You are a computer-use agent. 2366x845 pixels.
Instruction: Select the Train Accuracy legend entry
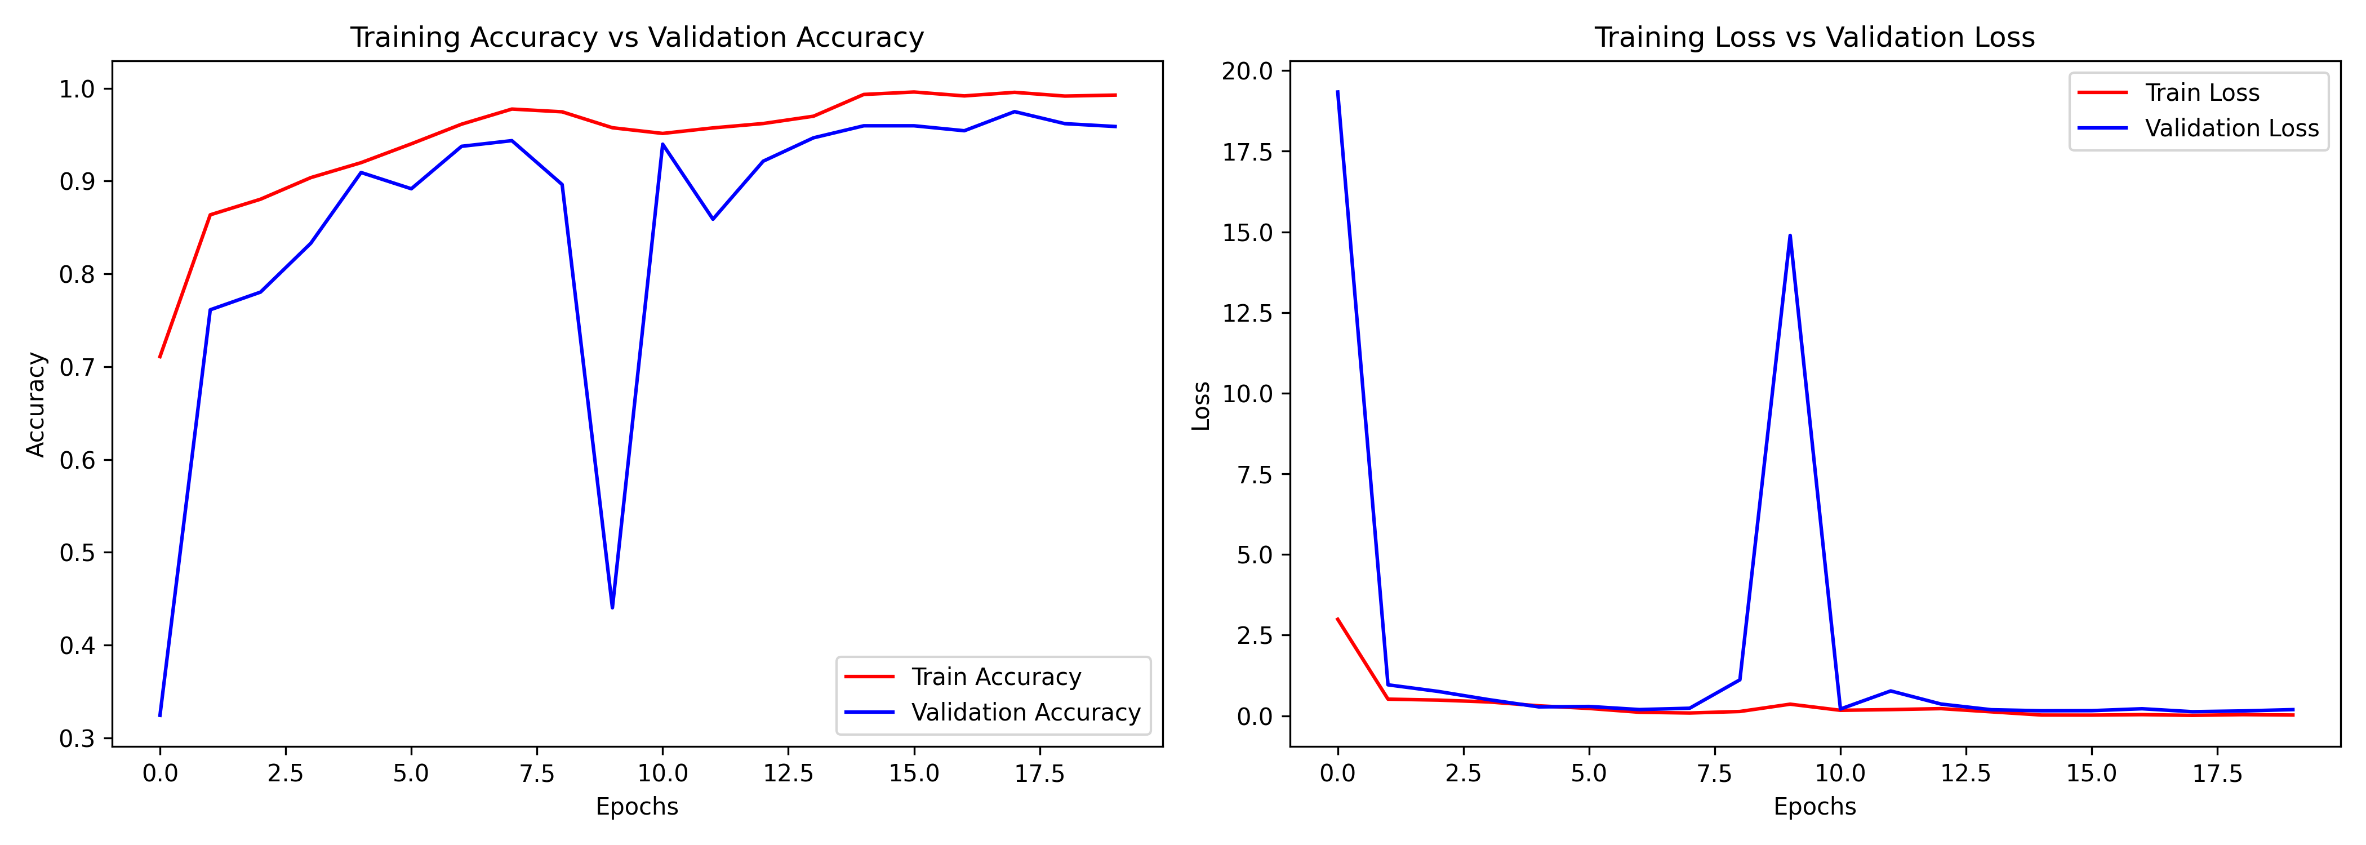(x=995, y=677)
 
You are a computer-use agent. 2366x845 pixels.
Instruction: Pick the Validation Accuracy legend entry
(x=1025, y=712)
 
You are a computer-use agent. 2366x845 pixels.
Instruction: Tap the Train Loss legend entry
(x=2202, y=93)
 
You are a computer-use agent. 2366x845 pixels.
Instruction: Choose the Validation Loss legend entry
(x=2231, y=128)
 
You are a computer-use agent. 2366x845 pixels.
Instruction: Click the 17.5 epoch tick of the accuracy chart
(x=1039, y=773)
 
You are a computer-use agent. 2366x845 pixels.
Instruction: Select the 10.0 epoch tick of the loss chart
(x=1840, y=773)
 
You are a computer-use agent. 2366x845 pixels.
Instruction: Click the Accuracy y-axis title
(x=35, y=404)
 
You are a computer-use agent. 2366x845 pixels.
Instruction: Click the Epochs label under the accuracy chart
(x=637, y=807)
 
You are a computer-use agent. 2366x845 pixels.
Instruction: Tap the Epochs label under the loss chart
(x=1814, y=807)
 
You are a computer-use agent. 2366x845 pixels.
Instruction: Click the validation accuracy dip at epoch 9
(x=613, y=607)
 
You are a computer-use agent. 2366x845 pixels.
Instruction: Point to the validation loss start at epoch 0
(x=1337, y=92)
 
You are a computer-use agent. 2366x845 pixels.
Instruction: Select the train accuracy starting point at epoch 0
(x=160, y=357)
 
